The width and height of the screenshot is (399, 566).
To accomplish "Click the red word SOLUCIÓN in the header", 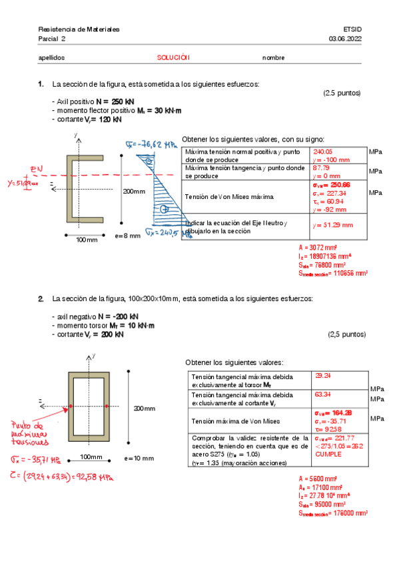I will [x=173, y=57].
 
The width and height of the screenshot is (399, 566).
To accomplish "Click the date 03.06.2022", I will [x=344, y=39].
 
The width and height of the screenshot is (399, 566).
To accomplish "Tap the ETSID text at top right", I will [x=352, y=30].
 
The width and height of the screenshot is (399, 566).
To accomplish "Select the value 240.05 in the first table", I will [x=323, y=152].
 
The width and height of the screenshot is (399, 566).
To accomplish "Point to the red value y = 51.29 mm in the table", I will [x=332, y=225].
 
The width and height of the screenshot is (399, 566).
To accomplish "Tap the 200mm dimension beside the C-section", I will [x=133, y=192].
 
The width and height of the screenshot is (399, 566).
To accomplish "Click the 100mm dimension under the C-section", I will [x=85, y=239].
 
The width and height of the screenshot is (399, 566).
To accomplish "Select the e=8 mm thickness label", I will [x=127, y=236].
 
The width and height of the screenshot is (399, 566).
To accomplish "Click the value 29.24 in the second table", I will [x=322, y=376].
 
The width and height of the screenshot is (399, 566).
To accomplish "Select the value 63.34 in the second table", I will [x=322, y=394].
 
